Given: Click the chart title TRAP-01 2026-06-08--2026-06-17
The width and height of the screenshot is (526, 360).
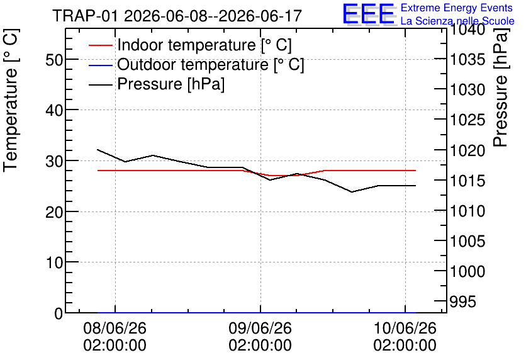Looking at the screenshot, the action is [177, 16].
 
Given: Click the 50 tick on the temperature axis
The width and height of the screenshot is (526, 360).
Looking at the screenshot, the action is [54, 60].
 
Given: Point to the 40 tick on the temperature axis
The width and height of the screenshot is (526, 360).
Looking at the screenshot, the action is [54, 110].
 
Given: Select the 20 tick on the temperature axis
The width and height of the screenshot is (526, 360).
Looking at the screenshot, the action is [54, 212].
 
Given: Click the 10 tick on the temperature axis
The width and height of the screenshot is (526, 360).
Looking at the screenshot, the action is [54, 262].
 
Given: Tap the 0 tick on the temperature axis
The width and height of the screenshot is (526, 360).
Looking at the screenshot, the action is [59, 313].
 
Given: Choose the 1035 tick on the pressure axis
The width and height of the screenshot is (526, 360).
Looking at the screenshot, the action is [467, 60].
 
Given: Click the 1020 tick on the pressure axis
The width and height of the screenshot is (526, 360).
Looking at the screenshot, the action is [467, 150].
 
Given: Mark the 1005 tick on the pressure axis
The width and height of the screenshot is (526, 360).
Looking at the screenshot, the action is [467, 241].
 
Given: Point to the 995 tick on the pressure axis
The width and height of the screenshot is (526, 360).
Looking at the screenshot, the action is [462, 301].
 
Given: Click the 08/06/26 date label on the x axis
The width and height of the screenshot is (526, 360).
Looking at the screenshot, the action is [115, 328].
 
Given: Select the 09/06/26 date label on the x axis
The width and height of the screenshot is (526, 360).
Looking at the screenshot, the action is [260, 328].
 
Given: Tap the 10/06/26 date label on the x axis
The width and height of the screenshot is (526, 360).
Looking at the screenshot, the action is [405, 328].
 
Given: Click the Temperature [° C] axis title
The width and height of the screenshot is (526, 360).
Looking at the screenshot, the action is [11, 101].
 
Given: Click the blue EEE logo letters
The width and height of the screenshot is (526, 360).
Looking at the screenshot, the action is [368, 14].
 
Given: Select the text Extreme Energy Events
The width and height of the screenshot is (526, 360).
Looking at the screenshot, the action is [457, 8].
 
